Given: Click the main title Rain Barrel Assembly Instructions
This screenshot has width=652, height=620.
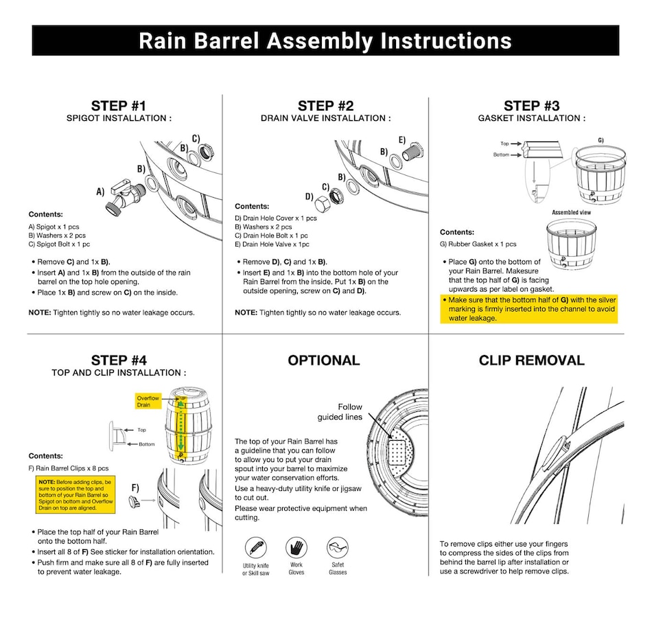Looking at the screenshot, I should coord(325,41).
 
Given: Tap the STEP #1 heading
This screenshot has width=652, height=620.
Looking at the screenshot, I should coord(119,106).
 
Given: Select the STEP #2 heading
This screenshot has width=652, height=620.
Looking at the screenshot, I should coord(325,106).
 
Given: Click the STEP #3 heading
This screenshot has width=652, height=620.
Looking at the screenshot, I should coord(531,106).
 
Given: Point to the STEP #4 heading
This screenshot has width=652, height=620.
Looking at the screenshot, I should coord(119,360).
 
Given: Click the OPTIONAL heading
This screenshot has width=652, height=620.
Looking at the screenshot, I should coord(323,360).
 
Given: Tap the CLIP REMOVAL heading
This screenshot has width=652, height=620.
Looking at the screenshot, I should coord(531,360).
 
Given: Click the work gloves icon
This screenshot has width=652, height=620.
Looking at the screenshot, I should coord(296,548).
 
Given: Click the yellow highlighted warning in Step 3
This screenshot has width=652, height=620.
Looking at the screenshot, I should coord(528,309).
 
